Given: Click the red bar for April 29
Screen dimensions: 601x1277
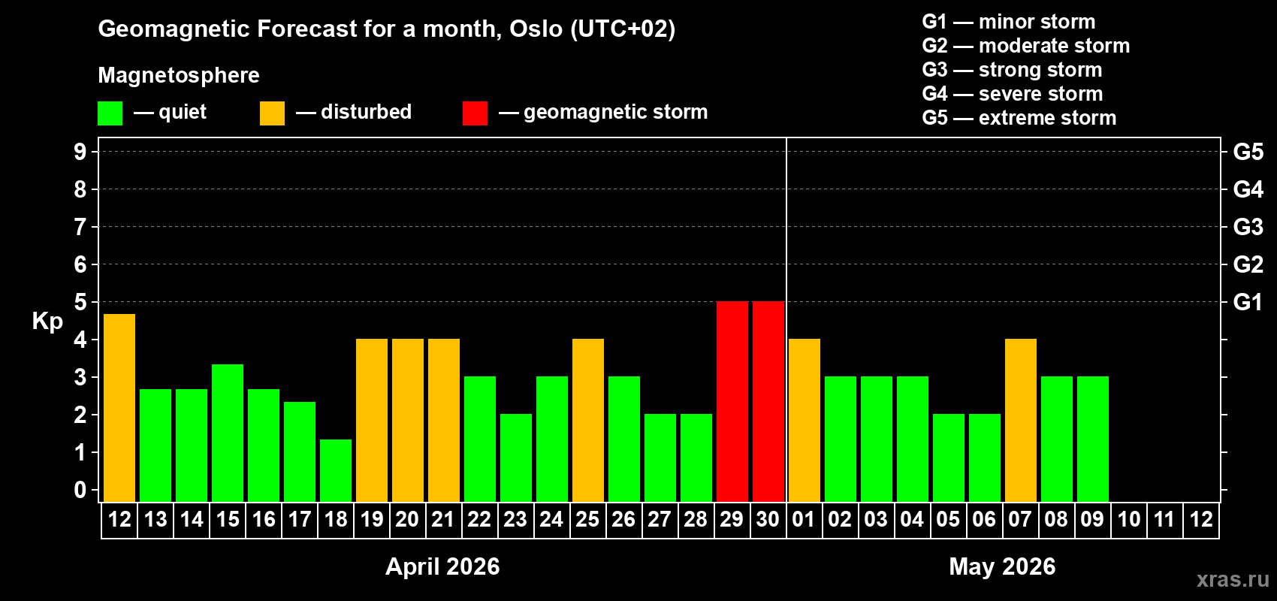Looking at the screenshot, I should pyautogui.click(x=732, y=401).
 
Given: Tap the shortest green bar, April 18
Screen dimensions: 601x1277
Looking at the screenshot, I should pyautogui.click(x=336, y=470).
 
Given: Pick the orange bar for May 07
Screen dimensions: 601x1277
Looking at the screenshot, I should pyautogui.click(x=1020, y=420).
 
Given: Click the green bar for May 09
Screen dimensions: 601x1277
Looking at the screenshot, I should pyautogui.click(x=1092, y=439).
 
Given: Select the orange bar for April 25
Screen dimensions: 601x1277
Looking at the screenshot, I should pyautogui.click(x=587, y=420).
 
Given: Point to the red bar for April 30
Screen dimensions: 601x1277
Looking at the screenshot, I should pyautogui.click(x=768, y=401).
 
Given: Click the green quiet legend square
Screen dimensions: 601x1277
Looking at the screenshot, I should pyautogui.click(x=110, y=113).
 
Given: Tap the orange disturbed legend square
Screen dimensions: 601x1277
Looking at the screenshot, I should pyautogui.click(x=272, y=113).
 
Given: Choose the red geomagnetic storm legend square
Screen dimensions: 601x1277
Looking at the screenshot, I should pyautogui.click(x=475, y=113).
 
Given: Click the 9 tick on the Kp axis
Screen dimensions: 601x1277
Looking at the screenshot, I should pyautogui.click(x=80, y=152).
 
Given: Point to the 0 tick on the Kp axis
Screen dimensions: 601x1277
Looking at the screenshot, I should pyautogui.click(x=80, y=490).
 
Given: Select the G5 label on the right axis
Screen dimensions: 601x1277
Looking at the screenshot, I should pyautogui.click(x=1248, y=152).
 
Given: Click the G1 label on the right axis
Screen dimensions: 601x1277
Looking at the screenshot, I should pyautogui.click(x=1248, y=302).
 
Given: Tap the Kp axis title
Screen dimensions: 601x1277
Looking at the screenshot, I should pyautogui.click(x=47, y=321).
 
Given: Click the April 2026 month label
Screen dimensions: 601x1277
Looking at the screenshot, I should pyautogui.click(x=442, y=566).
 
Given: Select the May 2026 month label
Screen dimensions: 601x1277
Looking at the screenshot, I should pyautogui.click(x=1002, y=566).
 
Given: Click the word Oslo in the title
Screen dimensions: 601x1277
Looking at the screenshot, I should pyautogui.click(x=536, y=29).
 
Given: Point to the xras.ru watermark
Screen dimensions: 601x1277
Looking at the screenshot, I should pyautogui.click(x=1233, y=578).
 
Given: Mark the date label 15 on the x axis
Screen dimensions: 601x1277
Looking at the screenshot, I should pyautogui.click(x=228, y=519).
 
